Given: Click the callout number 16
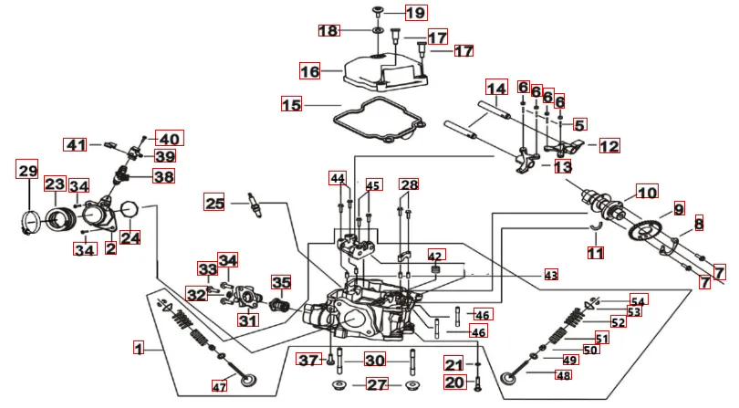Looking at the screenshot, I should pos(310,70).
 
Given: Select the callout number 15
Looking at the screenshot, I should pos(291,105).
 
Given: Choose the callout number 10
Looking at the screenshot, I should pos(646,194).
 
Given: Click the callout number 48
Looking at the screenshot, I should pos(563,375).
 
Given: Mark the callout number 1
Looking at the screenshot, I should pos(139,348).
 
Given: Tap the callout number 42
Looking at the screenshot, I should pos(435,256).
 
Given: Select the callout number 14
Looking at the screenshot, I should pos(495,89).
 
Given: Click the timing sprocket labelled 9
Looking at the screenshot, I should pos(649,232).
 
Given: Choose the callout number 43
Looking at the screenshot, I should pos(550,274).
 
